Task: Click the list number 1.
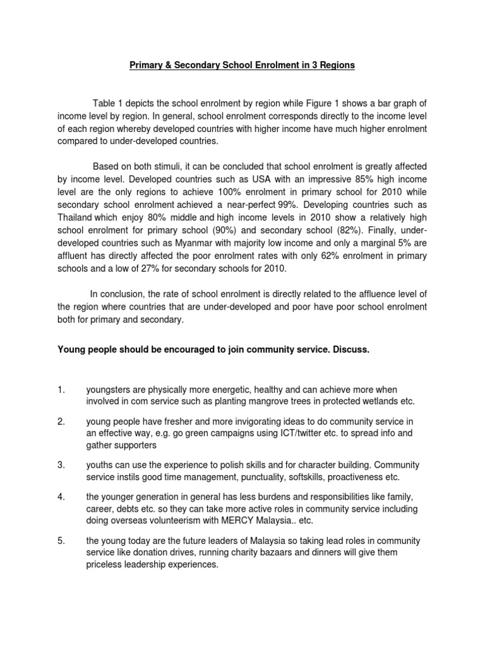click(61, 390)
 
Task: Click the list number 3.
click(61, 465)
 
